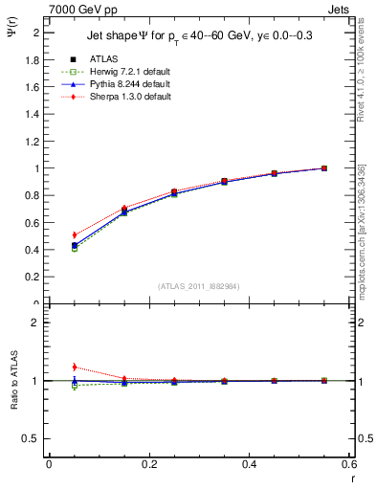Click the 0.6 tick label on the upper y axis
coord(33,223)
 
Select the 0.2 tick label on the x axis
coord(149,465)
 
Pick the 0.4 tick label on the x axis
coord(250,465)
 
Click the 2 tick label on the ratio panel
coord(36,323)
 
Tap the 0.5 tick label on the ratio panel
coord(33,438)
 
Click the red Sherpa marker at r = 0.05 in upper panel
coord(75,234)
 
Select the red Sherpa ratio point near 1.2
coord(75,367)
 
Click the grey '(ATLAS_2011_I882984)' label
coord(200,286)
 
